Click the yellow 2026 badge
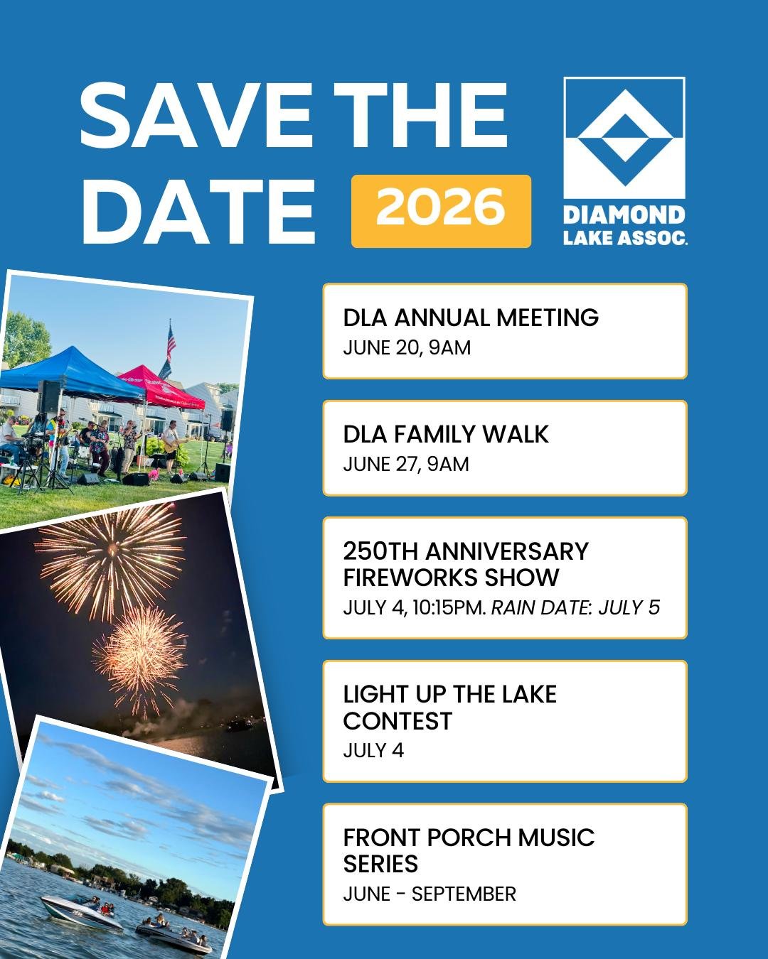(441, 211)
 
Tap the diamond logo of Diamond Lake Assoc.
(624, 137)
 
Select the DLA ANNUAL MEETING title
(471, 318)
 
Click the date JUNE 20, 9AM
(407, 348)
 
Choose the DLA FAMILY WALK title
(446, 434)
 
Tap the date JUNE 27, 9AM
(406, 465)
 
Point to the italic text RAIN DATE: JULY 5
(575, 608)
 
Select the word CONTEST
(398, 721)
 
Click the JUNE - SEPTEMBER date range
(430, 894)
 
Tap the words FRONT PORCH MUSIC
(469, 838)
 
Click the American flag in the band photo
(171, 342)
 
